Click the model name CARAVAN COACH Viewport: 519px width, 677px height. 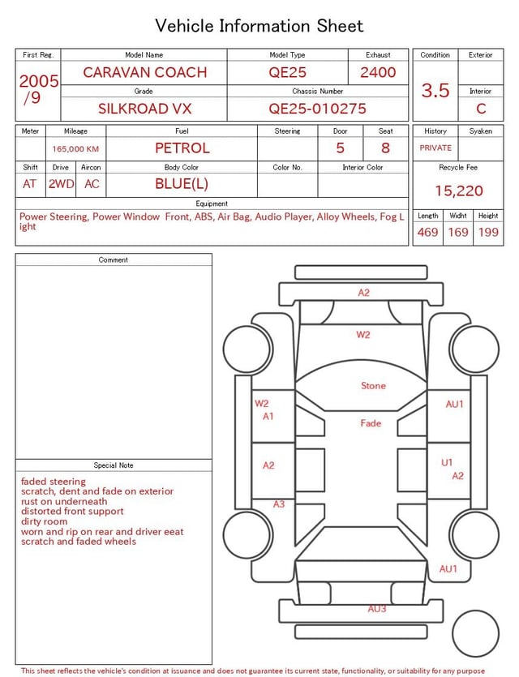pos(144,72)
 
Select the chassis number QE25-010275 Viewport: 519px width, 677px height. pos(317,108)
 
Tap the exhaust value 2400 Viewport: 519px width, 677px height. pos(378,72)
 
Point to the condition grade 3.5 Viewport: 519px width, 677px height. pos(435,90)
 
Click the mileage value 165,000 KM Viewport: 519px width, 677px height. pos(75,149)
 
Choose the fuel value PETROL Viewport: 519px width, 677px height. pos(182,148)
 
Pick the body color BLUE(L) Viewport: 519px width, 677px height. pos(182,183)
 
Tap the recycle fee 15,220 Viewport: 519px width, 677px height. pos(458,191)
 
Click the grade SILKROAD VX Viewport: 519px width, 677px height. pos(144,108)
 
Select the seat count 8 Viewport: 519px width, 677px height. pos(385,148)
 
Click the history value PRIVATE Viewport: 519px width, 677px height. pos(435,148)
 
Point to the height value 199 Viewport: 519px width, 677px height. pos(488,233)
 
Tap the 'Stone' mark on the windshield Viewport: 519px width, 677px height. pos(373,386)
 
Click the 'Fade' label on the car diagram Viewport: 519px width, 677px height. pos(371,423)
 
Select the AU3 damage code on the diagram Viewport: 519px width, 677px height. pos(377,609)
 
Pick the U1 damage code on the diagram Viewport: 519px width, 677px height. pos(447,462)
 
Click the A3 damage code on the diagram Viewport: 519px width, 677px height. pos(278,504)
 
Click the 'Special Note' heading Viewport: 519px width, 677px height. pos(114,465)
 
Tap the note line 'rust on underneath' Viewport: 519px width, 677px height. pos(64,502)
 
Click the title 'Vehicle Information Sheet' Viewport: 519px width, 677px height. pos(259,26)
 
